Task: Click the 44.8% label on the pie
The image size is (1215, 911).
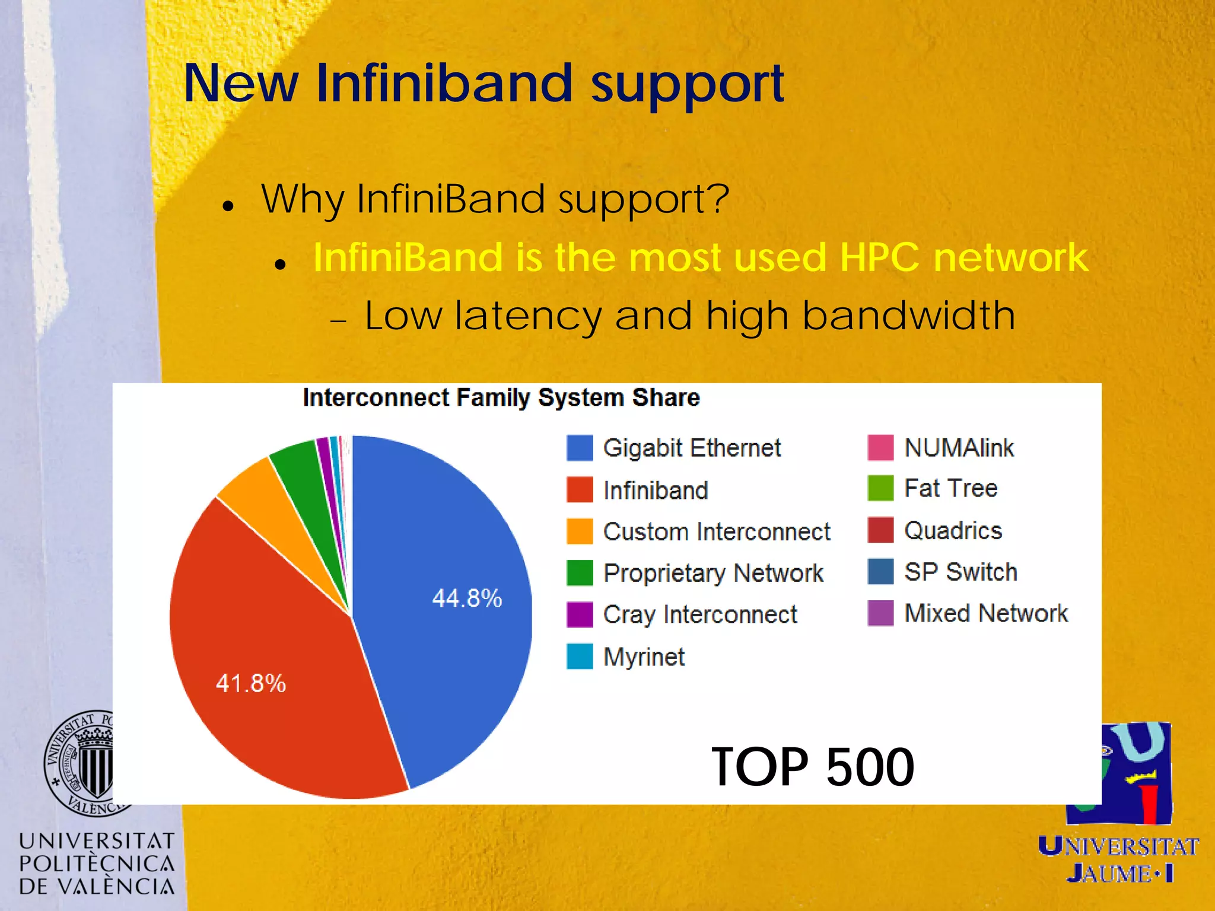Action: tap(467, 598)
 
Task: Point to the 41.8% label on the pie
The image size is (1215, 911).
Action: tap(250, 683)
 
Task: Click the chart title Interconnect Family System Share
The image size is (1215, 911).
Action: tap(501, 397)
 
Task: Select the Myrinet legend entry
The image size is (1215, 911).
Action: tap(644, 657)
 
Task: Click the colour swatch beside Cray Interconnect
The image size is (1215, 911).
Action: tap(579, 614)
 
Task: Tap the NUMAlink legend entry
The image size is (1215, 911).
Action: tap(959, 448)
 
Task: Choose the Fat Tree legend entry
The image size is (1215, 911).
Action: tap(950, 488)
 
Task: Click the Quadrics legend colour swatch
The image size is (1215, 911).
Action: tap(880, 530)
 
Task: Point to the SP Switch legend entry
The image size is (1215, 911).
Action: tap(960, 572)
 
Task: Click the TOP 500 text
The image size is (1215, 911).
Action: tap(812, 767)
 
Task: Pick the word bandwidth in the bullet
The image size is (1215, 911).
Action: tap(908, 316)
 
